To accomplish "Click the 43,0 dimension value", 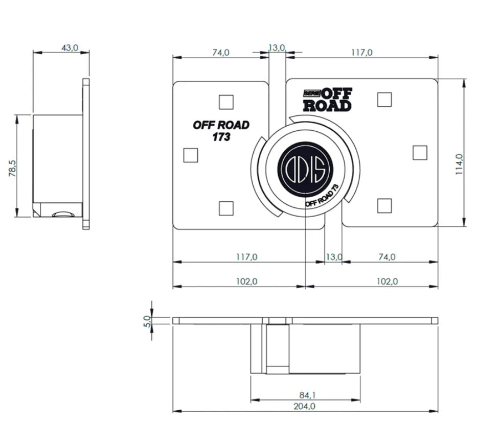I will click(x=70, y=48).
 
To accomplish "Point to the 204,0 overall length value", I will click(x=305, y=406).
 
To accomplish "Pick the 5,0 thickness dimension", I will click(x=147, y=321).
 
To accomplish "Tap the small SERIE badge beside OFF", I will click(x=311, y=92).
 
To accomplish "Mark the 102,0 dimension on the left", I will click(x=247, y=281).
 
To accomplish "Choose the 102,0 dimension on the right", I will click(x=386, y=281).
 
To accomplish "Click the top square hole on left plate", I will click(x=225, y=102).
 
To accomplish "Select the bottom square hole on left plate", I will click(x=225, y=208).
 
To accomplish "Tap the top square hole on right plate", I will click(x=384, y=100).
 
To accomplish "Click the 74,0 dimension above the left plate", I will click(x=220, y=52).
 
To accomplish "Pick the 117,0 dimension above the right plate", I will click(x=362, y=52).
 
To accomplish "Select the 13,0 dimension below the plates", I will click(x=334, y=257).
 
